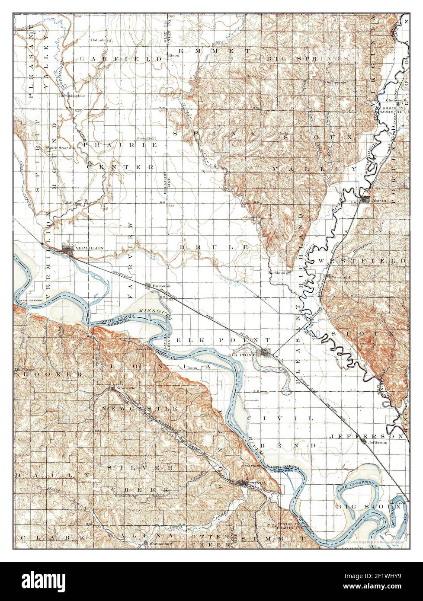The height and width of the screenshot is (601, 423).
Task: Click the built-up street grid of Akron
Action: pyautogui.click(x=365, y=199)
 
